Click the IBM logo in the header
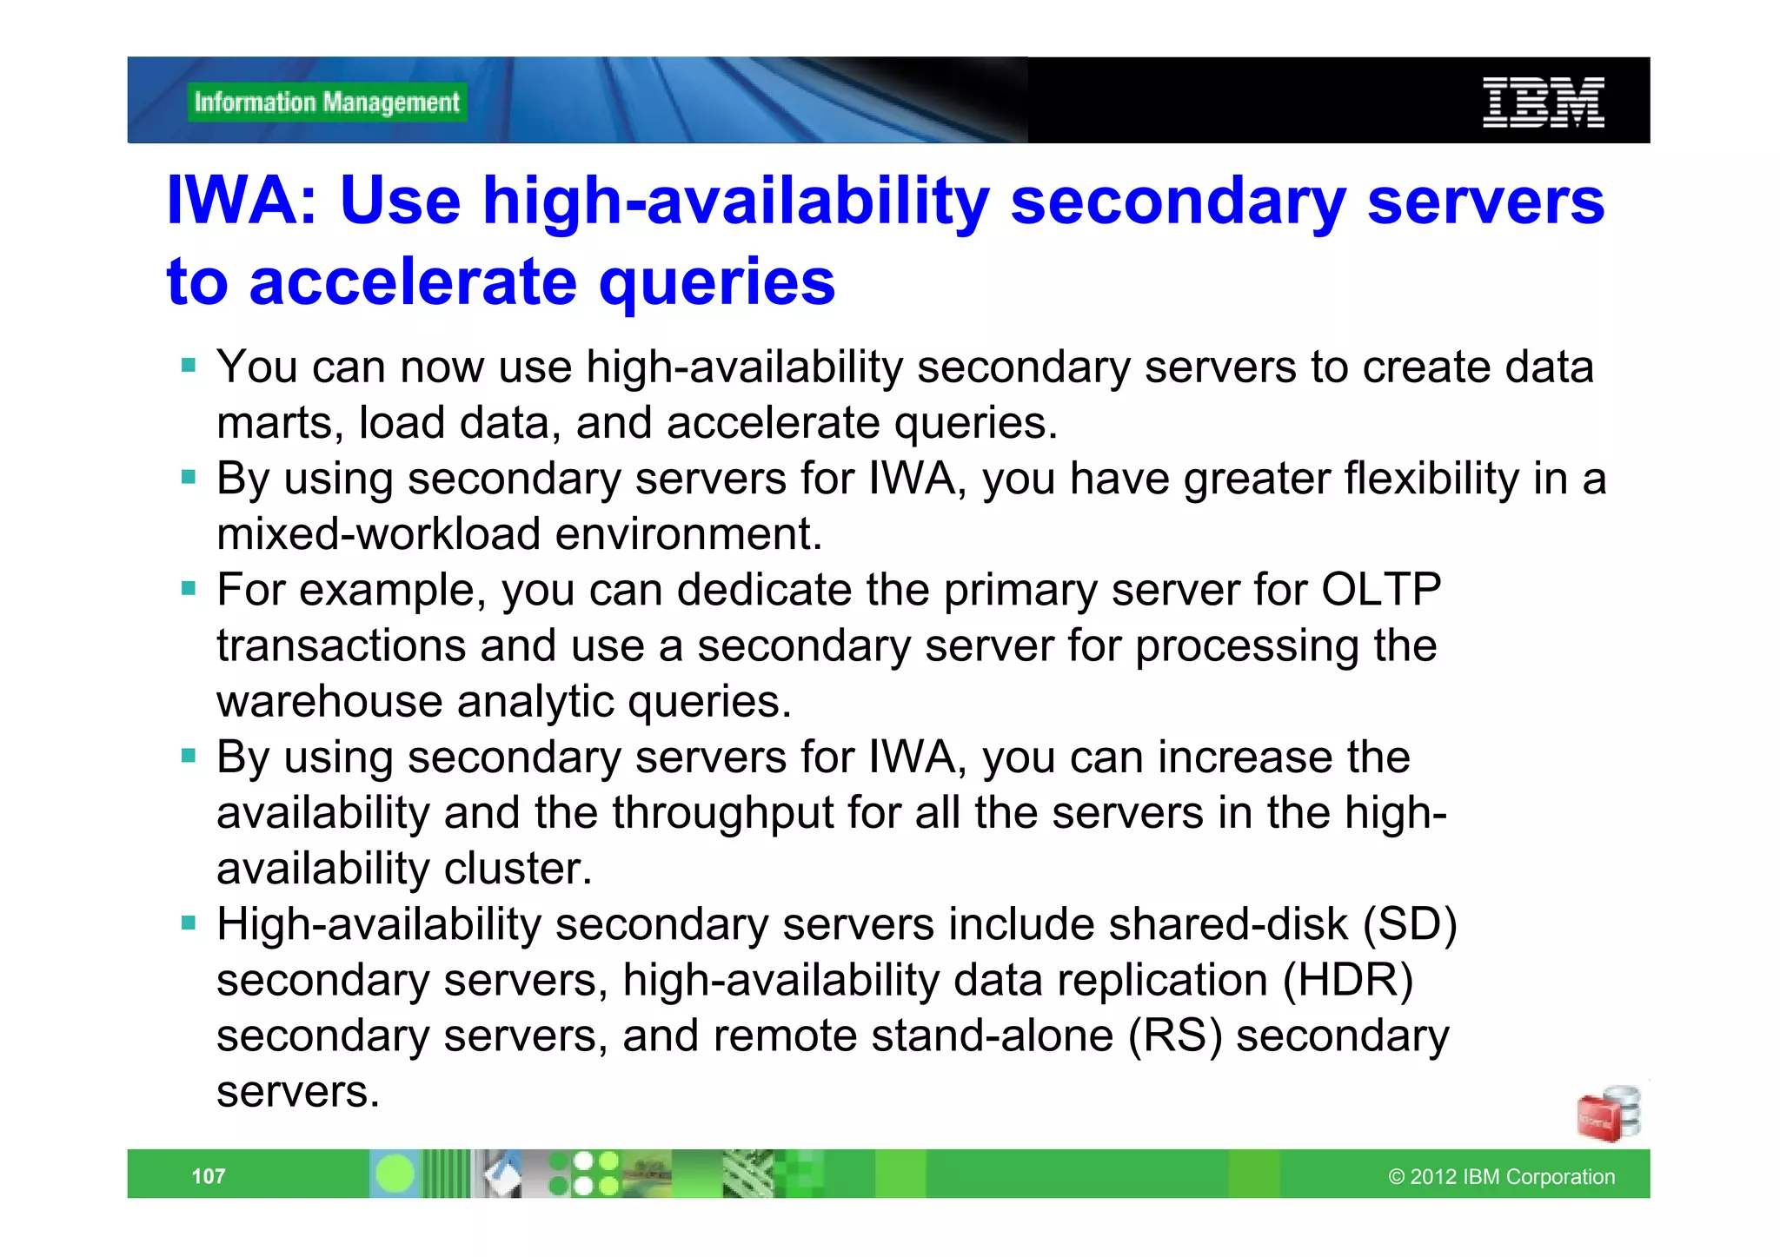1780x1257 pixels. (1543, 103)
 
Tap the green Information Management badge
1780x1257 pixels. (327, 103)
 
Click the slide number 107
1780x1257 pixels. (209, 1176)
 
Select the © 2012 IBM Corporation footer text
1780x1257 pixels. (1501, 1176)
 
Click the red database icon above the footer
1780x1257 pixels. (1607, 1115)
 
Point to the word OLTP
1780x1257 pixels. (1381, 590)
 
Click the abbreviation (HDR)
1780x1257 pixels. (1348, 980)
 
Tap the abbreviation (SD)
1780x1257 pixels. (1410, 924)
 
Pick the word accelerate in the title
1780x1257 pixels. (413, 282)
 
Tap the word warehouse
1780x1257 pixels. (329, 702)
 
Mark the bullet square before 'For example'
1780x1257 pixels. (189, 589)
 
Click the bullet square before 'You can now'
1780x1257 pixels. (189, 365)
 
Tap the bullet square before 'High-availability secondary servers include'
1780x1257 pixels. (189, 923)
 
